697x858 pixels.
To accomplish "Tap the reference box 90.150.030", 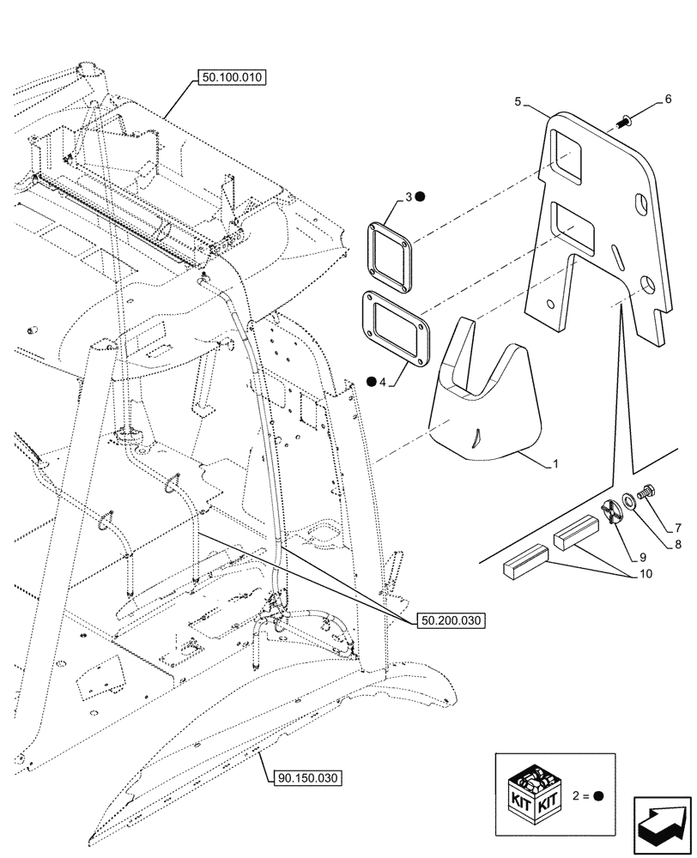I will [308, 778].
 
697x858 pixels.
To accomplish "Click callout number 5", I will [518, 101].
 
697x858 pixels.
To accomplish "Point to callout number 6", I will [667, 100].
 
